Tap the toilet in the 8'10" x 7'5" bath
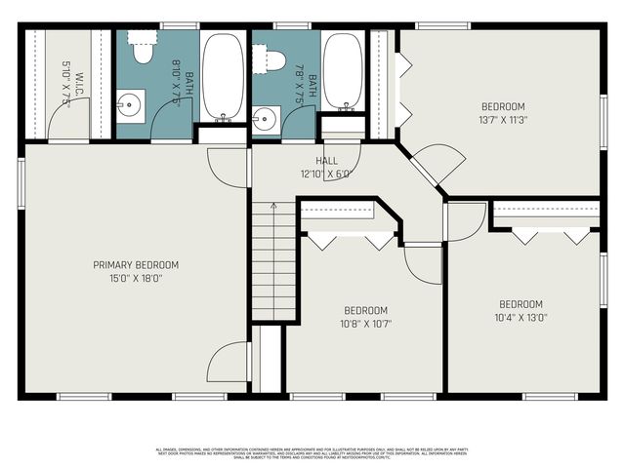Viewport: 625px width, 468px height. click(144, 48)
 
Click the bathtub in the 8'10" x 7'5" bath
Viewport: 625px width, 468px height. click(224, 76)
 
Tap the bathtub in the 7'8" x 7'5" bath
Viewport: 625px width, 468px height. click(343, 70)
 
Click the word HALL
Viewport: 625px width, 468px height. click(326, 161)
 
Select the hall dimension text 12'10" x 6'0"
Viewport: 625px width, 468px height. click(325, 175)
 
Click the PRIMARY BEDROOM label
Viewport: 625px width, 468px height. click(136, 264)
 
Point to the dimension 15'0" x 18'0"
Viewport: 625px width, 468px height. click(136, 278)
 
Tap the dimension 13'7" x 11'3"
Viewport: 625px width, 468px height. click(503, 121)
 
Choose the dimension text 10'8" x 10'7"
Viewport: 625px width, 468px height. click(365, 325)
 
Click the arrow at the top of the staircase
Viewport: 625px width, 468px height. click(273, 207)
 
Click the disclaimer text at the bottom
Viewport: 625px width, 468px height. click(312, 451)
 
